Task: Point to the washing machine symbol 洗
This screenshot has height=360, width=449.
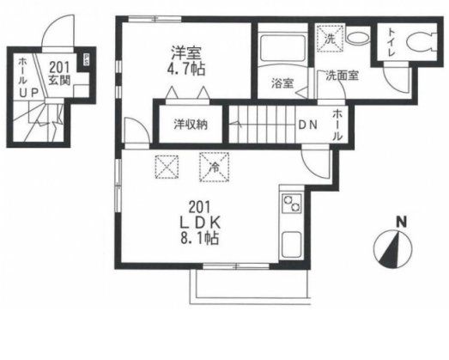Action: [330, 38]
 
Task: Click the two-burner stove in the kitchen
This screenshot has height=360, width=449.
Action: [290, 206]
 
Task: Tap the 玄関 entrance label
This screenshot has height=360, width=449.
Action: [58, 78]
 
